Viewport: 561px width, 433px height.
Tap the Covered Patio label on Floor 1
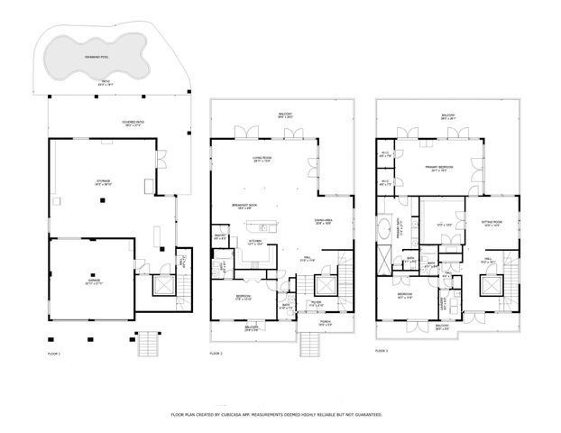point(133,124)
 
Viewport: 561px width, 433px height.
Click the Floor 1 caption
point(53,354)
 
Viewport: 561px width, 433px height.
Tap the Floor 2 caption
point(216,354)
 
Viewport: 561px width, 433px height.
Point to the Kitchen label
point(254,242)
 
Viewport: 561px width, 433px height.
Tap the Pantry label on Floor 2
point(219,237)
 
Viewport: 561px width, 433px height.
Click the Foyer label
point(316,304)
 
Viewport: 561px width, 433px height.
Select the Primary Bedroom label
point(440,169)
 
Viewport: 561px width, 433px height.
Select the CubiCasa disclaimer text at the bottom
point(276,414)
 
